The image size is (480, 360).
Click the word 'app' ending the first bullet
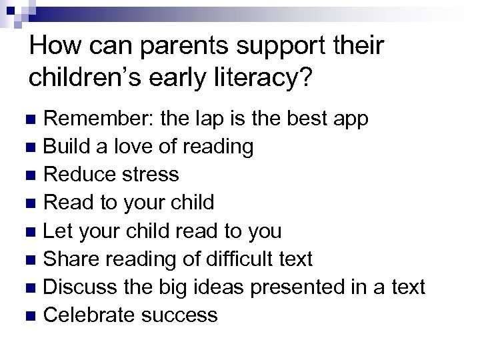pyautogui.click(x=349, y=120)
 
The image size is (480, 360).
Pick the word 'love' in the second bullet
pyautogui.click(x=132, y=147)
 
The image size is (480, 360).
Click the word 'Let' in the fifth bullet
pyautogui.click(x=56, y=231)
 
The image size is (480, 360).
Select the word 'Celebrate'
pyautogui.click(x=90, y=315)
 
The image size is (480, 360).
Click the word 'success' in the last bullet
pyautogui.click(x=180, y=315)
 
